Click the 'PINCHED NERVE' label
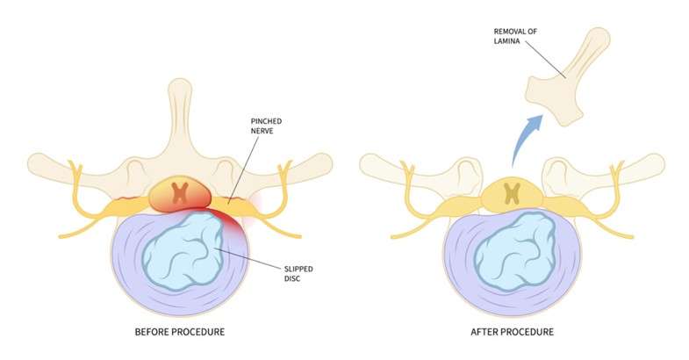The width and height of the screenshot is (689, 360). click(x=266, y=126)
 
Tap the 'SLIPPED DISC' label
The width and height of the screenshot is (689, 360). click(x=298, y=273)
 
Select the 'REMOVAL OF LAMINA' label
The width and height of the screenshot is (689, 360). click(x=509, y=36)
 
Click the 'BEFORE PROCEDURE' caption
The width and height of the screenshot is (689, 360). click(x=180, y=332)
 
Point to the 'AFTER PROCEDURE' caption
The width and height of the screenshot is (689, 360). click(x=513, y=332)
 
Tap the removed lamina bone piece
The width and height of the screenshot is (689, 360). click(x=567, y=79)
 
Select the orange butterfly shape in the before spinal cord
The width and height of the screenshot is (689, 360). click(x=180, y=193)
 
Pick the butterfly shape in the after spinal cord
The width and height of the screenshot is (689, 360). click(x=513, y=194)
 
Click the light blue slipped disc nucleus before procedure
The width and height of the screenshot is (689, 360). click(x=183, y=250)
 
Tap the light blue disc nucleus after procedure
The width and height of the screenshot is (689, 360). click(x=515, y=250)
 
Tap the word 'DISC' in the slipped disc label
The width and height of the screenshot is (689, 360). click(x=291, y=277)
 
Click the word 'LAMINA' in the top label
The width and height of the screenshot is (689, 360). click(x=506, y=41)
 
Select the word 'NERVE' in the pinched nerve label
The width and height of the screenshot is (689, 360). click(x=262, y=131)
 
